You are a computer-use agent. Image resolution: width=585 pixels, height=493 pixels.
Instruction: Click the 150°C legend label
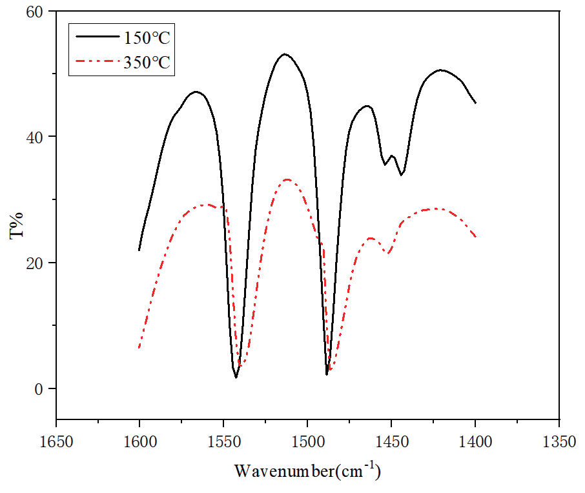[147, 38]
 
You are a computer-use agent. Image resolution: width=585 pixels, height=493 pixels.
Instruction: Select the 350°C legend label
[147, 63]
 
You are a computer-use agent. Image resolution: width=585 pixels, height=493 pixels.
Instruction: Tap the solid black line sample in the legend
[97, 37]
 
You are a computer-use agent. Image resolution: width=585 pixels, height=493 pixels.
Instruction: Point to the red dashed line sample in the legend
[97, 61]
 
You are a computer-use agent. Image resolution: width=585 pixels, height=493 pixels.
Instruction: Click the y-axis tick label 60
[35, 12]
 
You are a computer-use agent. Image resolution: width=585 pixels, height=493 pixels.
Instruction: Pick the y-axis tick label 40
[35, 137]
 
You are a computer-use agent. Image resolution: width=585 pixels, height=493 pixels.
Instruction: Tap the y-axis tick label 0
[39, 389]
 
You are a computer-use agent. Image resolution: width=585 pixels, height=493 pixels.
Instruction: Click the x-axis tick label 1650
[56, 442]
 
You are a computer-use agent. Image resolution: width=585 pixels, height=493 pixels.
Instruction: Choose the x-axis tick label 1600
[139, 442]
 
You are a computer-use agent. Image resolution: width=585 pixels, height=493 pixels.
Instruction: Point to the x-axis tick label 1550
[223, 442]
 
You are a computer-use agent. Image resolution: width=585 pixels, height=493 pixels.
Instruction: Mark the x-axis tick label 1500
[307, 442]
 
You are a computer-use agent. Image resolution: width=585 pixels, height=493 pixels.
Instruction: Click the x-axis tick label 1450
[391, 442]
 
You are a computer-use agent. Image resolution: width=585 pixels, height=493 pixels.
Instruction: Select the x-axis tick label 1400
[475, 442]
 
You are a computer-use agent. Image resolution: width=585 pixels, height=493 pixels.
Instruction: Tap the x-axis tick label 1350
[559, 442]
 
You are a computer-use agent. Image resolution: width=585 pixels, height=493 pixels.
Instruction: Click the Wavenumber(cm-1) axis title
[307, 470]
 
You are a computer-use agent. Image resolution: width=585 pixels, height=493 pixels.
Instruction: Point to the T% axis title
[16, 226]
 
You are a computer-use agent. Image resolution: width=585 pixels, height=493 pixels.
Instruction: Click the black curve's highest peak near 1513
[285, 54]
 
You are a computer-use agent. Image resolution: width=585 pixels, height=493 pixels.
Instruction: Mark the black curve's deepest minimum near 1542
[236, 377]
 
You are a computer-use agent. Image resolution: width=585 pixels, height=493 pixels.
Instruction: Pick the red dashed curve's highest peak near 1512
[287, 180]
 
